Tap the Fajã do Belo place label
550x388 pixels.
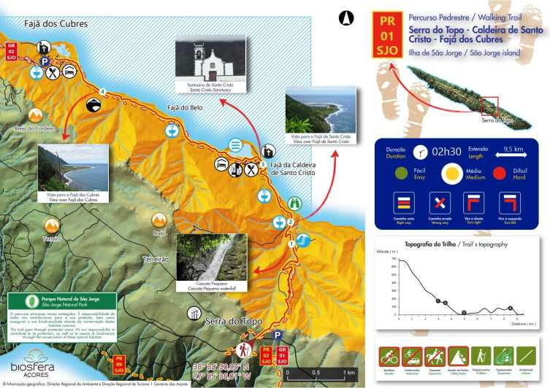(185, 108)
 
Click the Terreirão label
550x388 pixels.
(155, 259)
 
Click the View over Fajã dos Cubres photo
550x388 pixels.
(73, 168)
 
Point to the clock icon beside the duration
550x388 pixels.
(419, 152)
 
